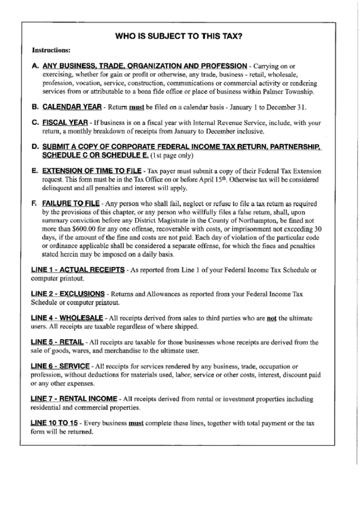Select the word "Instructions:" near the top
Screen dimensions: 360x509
click(51, 50)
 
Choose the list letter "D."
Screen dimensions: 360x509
click(35, 147)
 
